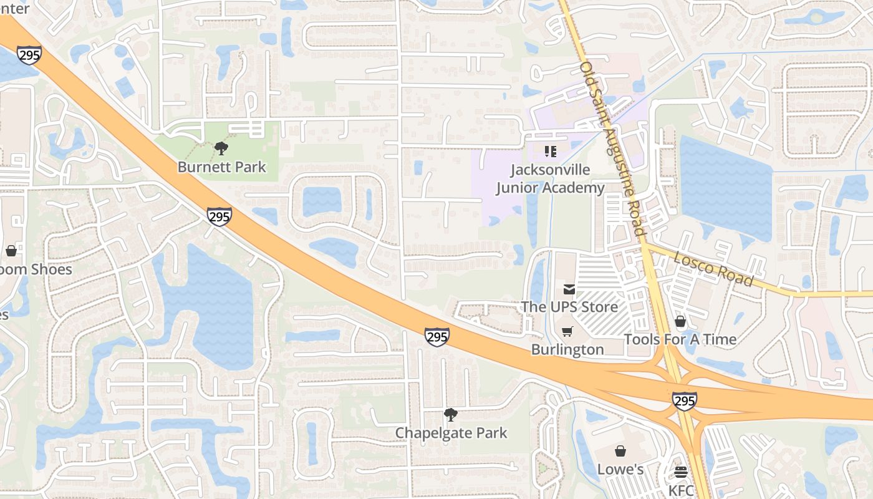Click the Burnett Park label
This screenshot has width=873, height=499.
point(221,167)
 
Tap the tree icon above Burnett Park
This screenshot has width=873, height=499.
point(221,148)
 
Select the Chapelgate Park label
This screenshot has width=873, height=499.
point(451,433)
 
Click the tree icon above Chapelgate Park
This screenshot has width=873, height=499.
point(450,415)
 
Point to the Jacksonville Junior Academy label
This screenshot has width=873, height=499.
point(550,179)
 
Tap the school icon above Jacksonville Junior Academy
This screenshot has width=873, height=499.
point(550,151)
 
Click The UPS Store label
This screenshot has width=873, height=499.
point(569,307)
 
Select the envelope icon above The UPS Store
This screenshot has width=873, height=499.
point(569,289)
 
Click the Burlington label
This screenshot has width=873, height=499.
point(567,349)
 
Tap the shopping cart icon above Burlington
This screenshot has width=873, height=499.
point(567,331)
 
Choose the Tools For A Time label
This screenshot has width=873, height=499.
point(680,339)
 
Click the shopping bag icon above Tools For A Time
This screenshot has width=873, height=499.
point(680,321)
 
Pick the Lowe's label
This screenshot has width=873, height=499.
point(620,469)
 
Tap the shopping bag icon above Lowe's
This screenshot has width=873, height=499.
point(620,451)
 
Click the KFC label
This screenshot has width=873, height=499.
point(681,490)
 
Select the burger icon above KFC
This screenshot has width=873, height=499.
point(681,472)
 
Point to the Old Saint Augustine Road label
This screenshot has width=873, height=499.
point(612,148)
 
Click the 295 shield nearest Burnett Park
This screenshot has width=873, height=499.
point(219,216)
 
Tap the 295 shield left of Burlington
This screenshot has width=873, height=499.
point(437,337)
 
